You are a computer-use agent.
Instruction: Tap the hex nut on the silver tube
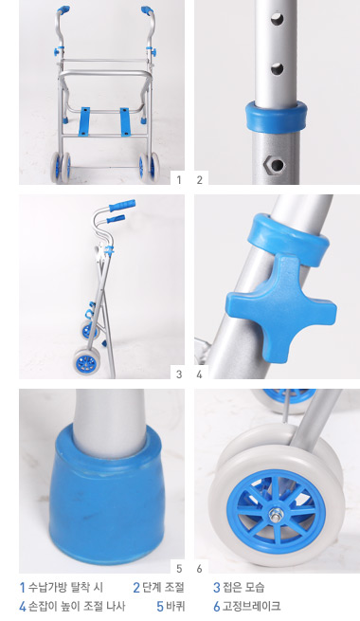click(274, 164)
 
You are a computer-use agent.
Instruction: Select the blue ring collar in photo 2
click(276, 117)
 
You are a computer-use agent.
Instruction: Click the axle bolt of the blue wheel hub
click(275, 515)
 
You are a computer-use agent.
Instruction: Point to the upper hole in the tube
click(277, 19)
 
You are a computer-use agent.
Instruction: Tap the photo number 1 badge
click(179, 180)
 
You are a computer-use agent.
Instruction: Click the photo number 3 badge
click(179, 374)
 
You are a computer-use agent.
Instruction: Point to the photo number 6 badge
click(199, 569)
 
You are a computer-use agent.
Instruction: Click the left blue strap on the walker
click(84, 121)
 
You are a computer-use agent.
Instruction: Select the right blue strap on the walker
click(126, 121)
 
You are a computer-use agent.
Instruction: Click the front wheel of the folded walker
click(87, 360)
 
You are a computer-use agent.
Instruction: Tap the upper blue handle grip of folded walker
click(122, 206)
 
